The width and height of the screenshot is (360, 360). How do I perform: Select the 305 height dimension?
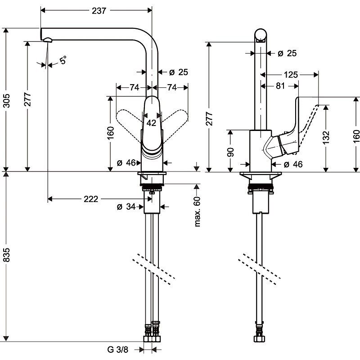coord(6,98)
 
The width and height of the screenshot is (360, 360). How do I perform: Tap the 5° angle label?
coord(63,59)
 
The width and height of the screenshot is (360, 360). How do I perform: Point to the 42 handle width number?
coord(151,122)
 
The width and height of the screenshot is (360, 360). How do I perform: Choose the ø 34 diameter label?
coord(126,207)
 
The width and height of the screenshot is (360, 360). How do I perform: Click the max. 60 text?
coord(197,211)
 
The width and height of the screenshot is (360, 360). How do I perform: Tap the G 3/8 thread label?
coord(118,349)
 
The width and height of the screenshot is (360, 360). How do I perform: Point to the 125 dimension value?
coord(291,75)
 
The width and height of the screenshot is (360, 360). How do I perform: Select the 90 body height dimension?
coord(231,151)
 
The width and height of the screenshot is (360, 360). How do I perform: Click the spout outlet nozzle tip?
coord(48,41)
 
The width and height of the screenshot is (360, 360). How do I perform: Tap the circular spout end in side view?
coord(261,35)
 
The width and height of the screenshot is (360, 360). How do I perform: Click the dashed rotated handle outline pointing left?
coord(128,121)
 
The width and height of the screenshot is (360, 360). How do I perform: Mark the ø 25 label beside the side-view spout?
coord(287,54)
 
